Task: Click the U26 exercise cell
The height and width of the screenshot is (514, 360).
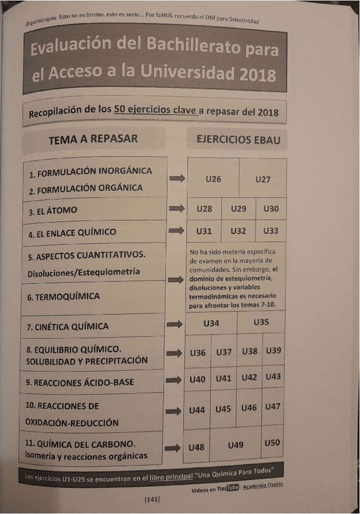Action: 213,179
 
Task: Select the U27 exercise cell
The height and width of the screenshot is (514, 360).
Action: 262,179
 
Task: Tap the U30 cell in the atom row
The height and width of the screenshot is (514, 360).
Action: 271,209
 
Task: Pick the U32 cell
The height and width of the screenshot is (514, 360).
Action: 238,231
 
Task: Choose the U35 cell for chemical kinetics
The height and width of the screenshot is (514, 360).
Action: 261,322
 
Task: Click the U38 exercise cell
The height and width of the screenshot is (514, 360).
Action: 250,352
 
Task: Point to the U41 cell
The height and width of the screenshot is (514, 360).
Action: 223,379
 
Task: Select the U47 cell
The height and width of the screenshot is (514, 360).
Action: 273,407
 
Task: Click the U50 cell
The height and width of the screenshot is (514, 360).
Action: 272,443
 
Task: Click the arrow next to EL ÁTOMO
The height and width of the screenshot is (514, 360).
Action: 176,209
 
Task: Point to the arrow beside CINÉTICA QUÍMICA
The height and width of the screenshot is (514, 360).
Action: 175,324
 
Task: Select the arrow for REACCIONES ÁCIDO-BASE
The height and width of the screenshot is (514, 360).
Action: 175,380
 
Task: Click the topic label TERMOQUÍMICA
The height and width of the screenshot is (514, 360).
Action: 64,297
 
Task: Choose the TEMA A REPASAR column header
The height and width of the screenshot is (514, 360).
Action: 93,139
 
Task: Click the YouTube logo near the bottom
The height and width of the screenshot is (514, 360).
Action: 233,489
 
